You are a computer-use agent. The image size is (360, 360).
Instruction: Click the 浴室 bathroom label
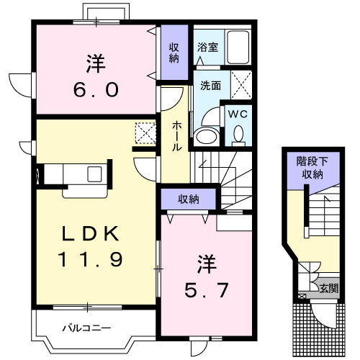(x=207, y=48)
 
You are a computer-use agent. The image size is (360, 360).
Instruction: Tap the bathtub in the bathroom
(x=238, y=47)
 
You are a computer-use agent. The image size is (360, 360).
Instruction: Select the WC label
(x=238, y=114)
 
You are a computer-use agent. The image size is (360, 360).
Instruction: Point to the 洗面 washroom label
(x=210, y=86)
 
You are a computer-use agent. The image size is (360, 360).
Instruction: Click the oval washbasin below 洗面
(x=207, y=136)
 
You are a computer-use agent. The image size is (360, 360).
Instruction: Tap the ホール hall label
(x=176, y=136)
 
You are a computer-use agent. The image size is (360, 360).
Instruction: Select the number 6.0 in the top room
(x=96, y=90)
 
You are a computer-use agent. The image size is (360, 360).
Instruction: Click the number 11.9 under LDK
(x=90, y=259)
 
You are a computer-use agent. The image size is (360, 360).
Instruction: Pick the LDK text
(x=90, y=233)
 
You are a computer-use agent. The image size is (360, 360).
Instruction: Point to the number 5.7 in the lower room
(x=206, y=290)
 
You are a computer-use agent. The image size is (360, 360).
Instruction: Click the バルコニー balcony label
(x=86, y=328)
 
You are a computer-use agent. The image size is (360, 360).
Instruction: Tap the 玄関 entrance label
(x=329, y=288)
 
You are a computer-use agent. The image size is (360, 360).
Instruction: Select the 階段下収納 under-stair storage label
(x=312, y=168)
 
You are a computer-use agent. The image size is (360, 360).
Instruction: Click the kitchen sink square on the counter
(x=94, y=174)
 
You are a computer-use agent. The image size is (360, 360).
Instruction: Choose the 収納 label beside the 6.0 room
(x=174, y=53)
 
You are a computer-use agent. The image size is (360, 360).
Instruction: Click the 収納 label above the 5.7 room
(x=189, y=199)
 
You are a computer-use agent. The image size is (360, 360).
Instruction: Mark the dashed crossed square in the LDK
(x=145, y=133)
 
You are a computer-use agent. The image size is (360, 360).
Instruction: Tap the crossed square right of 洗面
(x=241, y=85)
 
